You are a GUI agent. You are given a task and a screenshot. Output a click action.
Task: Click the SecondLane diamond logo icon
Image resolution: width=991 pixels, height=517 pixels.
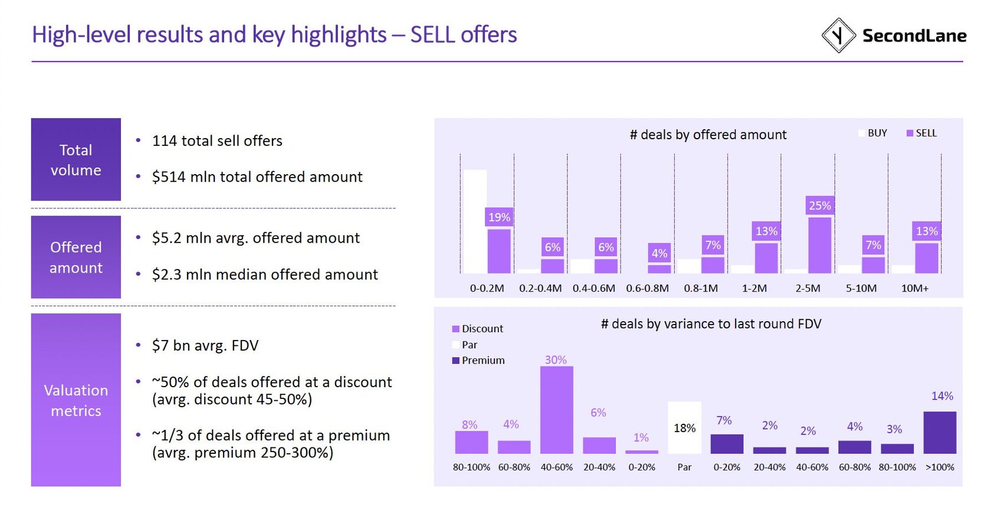(838, 35)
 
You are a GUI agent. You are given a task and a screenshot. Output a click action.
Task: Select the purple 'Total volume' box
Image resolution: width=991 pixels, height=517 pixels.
(76, 159)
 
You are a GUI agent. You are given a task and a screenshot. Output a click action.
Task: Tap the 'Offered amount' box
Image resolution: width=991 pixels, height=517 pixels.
(76, 257)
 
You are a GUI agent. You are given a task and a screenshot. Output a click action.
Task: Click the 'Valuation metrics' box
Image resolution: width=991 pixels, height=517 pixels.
(76, 400)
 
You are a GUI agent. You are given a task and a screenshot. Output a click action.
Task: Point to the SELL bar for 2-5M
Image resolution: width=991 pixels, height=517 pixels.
(819, 245)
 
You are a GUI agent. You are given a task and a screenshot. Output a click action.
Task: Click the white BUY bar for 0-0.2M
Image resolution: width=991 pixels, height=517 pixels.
(475, 221)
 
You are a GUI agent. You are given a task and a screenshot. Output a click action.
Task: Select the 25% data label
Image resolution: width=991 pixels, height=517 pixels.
(820, 205)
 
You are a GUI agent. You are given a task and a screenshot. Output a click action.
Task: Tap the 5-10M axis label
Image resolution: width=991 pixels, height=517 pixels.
(861, 289)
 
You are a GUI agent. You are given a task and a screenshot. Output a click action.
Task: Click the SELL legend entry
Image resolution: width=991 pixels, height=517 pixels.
(921, 133)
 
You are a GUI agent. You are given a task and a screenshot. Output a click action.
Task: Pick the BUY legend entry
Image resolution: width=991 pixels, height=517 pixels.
(873, 133)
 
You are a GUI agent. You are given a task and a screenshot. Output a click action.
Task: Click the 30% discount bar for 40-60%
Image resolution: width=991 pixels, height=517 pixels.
(556, 410)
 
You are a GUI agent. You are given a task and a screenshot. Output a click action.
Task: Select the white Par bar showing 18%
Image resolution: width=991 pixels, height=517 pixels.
(684, 428)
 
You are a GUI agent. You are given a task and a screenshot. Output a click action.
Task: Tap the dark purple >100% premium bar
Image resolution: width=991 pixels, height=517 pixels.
(940, 432)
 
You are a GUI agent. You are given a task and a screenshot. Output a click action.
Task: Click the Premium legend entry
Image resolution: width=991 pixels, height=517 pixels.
(478, 361)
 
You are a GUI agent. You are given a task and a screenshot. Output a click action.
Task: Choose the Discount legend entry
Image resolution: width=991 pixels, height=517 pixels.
(478, 329)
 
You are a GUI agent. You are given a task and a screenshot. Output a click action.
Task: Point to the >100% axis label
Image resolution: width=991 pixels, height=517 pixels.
(940, 467)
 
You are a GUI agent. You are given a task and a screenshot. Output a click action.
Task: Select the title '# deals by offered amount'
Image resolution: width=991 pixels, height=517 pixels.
(708, 135)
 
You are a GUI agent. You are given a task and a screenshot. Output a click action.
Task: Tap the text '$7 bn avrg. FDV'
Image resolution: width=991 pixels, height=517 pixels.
(205, 345)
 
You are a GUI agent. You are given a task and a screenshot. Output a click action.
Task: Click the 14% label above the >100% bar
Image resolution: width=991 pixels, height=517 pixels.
(942, 396)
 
